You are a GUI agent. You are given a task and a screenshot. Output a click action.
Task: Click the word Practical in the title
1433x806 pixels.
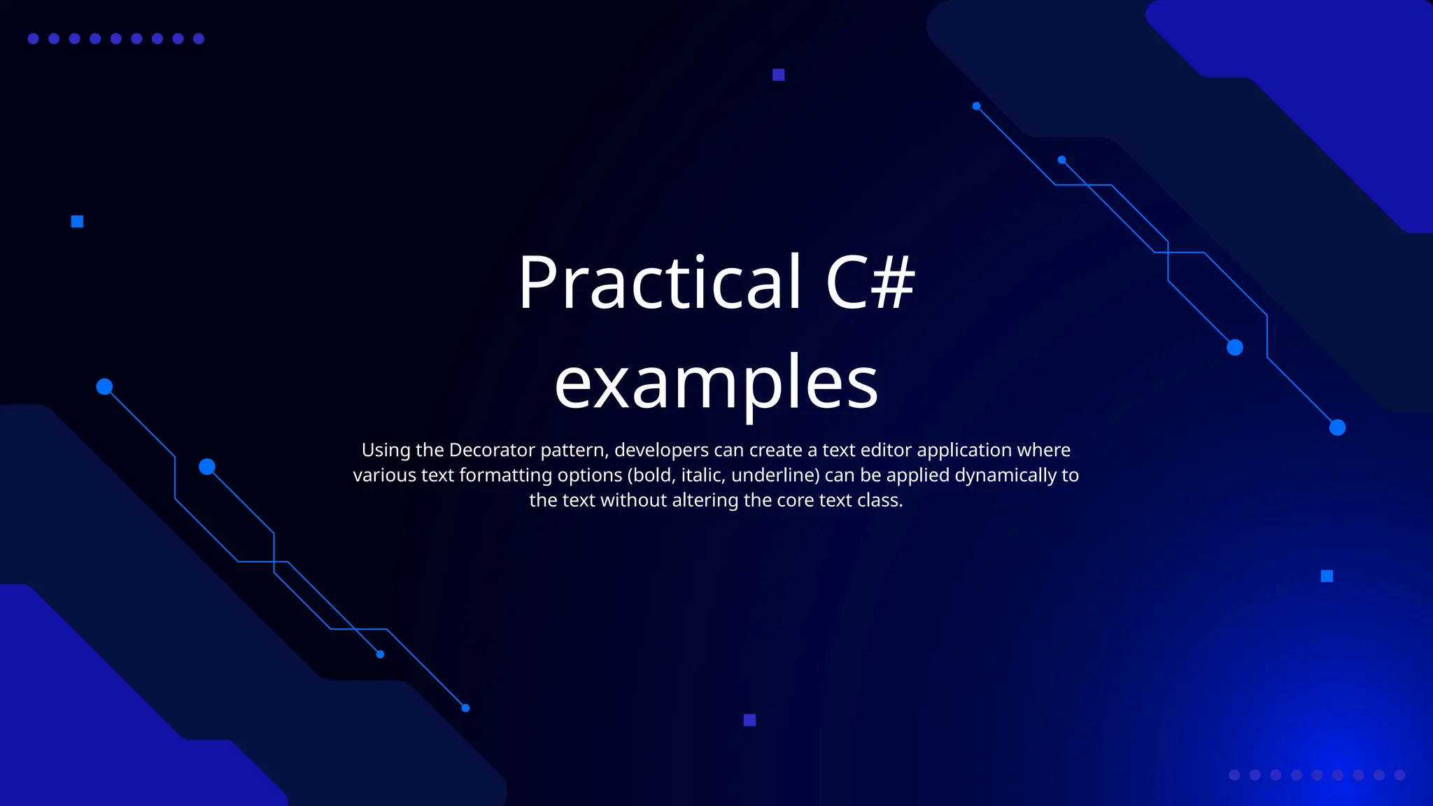point(659,282)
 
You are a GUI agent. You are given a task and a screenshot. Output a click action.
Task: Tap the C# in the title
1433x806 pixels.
point(870,282)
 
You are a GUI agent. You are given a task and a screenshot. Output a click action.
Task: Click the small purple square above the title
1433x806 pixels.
point(778,75)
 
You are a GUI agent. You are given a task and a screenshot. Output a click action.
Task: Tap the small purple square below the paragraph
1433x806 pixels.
point(749,720)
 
